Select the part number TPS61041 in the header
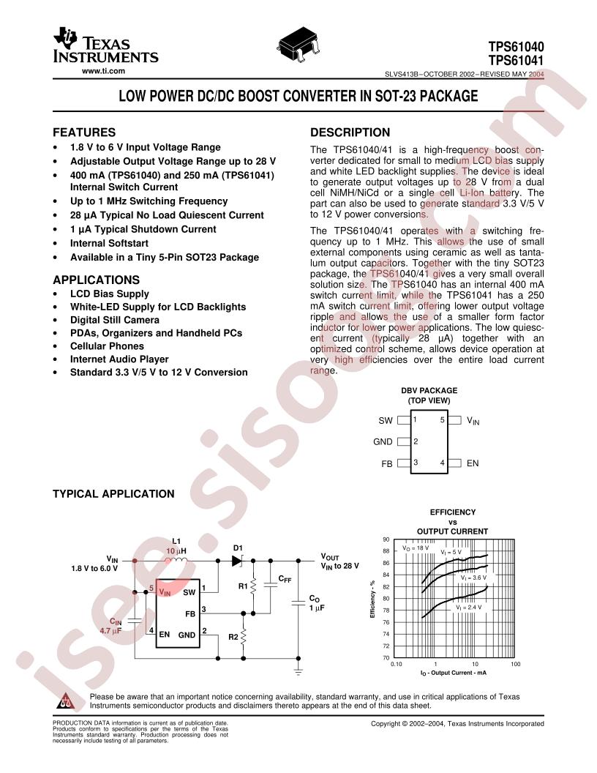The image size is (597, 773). click(518, 59)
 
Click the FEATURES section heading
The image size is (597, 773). click(85, 132)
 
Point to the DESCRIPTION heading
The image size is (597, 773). click(350, 132)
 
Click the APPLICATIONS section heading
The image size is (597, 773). click(97, 279)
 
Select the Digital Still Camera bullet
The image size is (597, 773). click(114, 320)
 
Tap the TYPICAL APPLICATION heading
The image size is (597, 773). click(113, 493)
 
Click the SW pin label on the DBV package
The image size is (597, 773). click(385, 421)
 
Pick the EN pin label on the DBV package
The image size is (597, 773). click(472, 463)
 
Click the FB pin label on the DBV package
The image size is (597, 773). click(386, 463)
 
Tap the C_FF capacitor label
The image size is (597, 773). click(285, 579)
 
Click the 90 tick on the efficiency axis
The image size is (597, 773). click(386, 539)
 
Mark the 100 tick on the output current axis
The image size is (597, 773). click(515, 664)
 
